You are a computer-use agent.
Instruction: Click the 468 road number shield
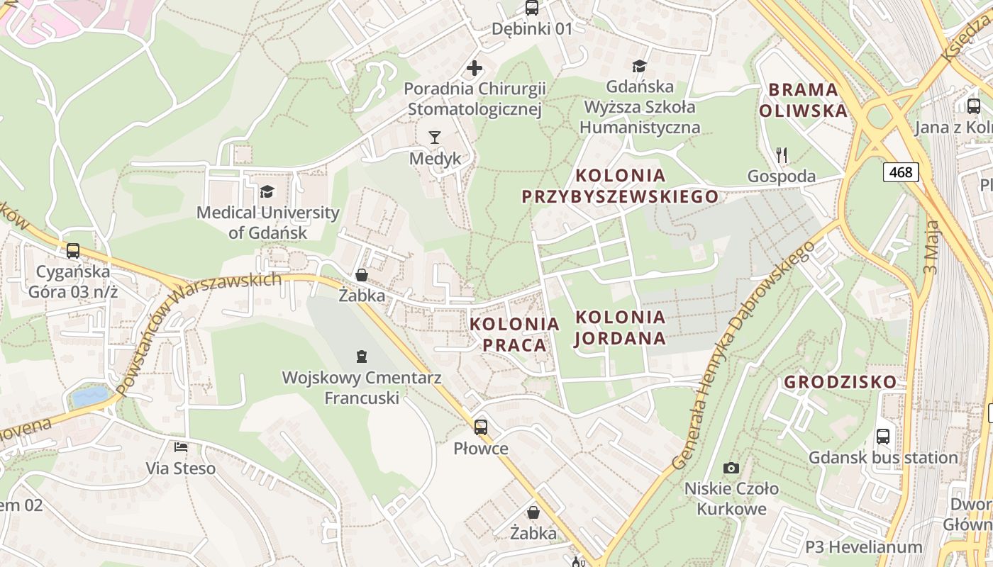[x=901, y=172]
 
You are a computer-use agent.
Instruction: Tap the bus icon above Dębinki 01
[x=531, y=8]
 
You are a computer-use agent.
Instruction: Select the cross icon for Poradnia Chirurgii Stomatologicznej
[x=475, y=68]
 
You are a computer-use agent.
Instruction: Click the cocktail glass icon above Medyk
[x=435, y=137]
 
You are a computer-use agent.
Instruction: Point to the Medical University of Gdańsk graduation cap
[x=267, y=191]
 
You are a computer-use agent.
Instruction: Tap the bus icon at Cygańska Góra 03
[x=72, y=250]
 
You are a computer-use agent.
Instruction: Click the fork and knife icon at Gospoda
[x=782, y=155]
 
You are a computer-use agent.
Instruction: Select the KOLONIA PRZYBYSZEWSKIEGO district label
[x=621, y=186]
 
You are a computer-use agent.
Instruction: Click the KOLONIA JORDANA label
[x=621, y=327]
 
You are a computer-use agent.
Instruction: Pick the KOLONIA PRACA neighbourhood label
[x=514, y=335]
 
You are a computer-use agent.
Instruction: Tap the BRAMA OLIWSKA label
[x=803, y=100]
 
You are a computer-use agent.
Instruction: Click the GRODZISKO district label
[x=840, y=382]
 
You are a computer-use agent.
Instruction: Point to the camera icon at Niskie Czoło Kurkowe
[x=731, y=468]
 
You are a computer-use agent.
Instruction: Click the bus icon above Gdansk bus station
[x=882, y=437]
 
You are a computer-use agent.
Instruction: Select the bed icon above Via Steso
[x=181, y=447]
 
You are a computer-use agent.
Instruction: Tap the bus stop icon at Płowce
[x=481, y=427]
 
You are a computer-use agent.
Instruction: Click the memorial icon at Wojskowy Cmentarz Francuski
[x=362, y=356]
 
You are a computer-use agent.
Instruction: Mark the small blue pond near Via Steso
[x=91, y=395]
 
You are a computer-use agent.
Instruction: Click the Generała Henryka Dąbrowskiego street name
[x=742, y=354]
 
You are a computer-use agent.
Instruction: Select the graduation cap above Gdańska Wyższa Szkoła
[x=640, y=66]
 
